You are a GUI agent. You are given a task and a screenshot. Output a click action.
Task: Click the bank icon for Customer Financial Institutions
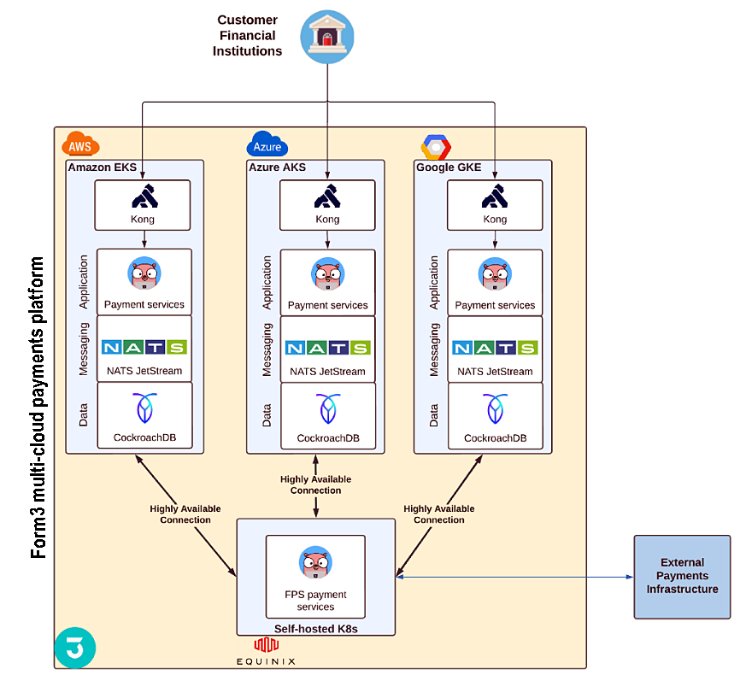(x=327, y=37)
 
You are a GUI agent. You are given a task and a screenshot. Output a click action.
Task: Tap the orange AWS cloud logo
(x=77, y=144)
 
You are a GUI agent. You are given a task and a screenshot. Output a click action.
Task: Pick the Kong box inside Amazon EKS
(x=144, y=205)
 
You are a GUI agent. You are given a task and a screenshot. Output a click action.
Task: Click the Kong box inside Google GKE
(x=494, y=205)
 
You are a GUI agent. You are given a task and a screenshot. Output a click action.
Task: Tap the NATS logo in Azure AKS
(x=327, y=348)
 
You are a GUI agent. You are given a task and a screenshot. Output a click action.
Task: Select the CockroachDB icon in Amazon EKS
(x=144, y=409)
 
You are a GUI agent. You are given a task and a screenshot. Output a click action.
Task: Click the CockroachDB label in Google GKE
(x=495, y=438)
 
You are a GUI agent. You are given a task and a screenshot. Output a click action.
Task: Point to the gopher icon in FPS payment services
(x=315, y=563)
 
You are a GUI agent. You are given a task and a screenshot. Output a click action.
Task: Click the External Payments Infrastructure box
(x=682, y=576)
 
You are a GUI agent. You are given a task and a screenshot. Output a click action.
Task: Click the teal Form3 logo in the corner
(x=74, y=647)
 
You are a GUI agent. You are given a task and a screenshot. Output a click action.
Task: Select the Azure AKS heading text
(x=277, y=167)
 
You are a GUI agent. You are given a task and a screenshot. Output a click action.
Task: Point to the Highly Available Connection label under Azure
(x=315, y=484)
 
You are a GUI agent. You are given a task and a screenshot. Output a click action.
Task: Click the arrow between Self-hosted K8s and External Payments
(x=514, y=577)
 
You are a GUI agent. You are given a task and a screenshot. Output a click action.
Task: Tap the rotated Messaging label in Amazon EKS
(x=84, y=348)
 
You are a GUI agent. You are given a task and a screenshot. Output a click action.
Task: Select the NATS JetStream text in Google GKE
(x=495, y=372)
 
